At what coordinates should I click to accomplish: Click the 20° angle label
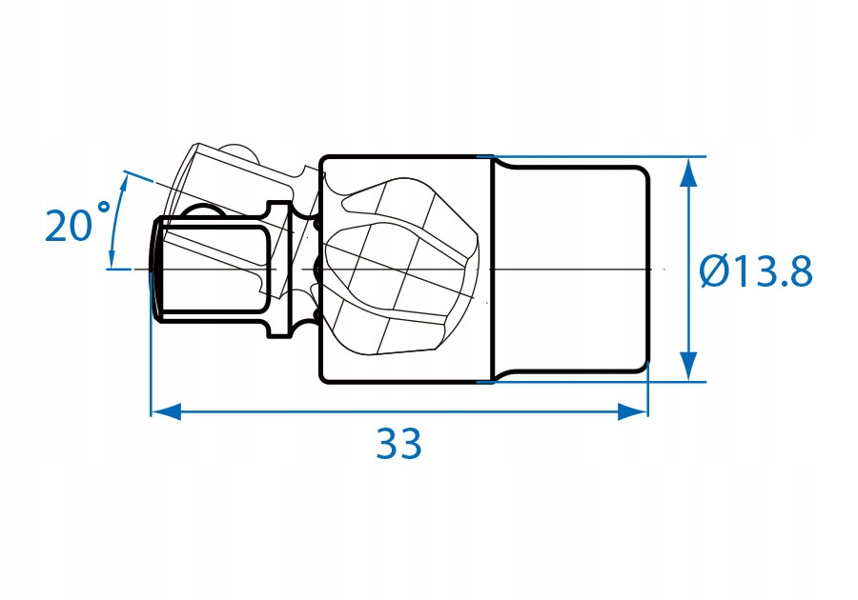tap(77, 221)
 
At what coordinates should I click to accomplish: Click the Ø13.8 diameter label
tap(756, 271)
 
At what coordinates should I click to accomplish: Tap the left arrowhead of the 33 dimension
tap(166, 410)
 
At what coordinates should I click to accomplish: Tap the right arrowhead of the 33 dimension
tap(633, 410)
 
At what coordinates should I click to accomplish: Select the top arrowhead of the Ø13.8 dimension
tap(690, 172)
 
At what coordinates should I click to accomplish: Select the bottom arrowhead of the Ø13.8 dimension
tap(690, 366)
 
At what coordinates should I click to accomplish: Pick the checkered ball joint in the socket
tap(402, 267)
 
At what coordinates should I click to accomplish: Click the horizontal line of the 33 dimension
tap(399, 410)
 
